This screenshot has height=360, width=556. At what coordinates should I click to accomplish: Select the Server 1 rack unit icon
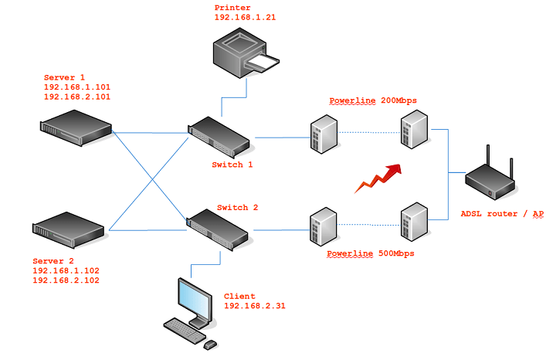pos(76,127)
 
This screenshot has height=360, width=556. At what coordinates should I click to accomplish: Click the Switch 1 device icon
pos(220,137)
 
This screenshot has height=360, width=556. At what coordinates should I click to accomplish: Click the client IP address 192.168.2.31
pos(255,306)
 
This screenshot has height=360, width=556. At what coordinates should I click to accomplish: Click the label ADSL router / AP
pos(502,213)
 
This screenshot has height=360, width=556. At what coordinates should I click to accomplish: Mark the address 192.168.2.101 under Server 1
pos(77,97)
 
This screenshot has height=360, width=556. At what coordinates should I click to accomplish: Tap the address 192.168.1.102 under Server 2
pos(66,271)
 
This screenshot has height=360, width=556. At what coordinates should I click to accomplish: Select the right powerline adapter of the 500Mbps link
pos(413,221)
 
